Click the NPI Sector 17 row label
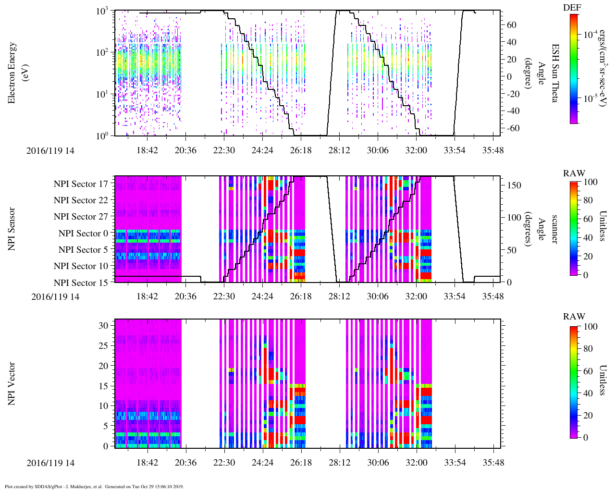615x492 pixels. pyautogui.click(x=81, y=184)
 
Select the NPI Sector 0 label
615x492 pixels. pyautogui.click(x=83, y=233)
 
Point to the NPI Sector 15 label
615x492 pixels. pyautogui.click(x=81, y=283)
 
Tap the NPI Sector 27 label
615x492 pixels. pyautogui.click(x=81, y=216)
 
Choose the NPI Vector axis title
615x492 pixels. pyautogui.click(x=12, y=383)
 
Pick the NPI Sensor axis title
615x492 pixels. pyautogui.click(x=12, y=229)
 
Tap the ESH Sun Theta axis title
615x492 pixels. pyautogui.click(x=555, y=73)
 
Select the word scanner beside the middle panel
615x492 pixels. pyautogui.click(x=554, y=229)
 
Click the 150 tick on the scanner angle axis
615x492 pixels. pyautogui.click(x=515, y=185)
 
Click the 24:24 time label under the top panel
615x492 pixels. pyautogui.click(x=262, y=150)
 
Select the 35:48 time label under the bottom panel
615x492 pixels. pyautogui.click(x=493, y=463)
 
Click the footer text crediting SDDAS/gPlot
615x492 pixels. pyautogui.click(x=94, y=487)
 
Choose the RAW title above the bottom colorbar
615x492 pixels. pyautogui.click(x=574, y=316)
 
